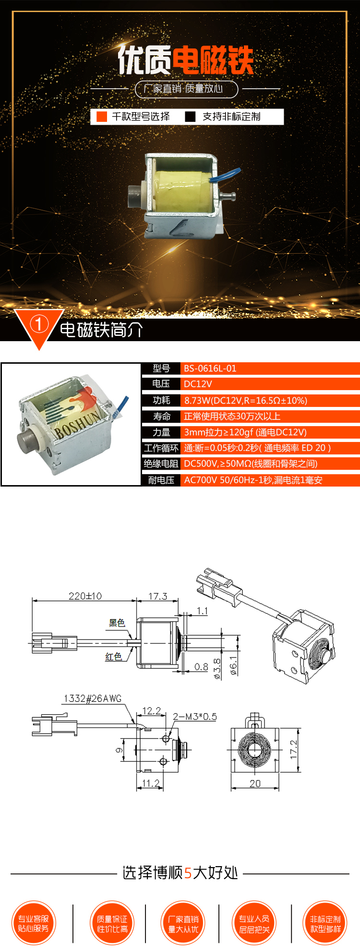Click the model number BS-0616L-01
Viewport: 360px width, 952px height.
[210, 369]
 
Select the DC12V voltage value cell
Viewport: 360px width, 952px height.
[198, 384]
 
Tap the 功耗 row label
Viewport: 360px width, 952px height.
[161, 400]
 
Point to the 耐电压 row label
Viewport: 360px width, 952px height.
[161, 480]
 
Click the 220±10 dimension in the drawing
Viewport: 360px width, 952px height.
[85, 596]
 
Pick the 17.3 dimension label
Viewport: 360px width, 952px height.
[157, 596]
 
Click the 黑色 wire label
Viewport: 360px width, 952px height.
[117, 623]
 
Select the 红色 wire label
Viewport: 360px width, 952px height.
[114, 656]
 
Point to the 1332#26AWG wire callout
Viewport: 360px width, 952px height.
[93, 698]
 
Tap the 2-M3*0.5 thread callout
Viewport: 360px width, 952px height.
[195, 716]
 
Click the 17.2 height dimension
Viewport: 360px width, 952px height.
[294, 750]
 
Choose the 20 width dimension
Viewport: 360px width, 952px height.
[255, 784]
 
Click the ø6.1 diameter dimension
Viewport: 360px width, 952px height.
[233, 666]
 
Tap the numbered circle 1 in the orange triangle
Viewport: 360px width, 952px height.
[39, 324]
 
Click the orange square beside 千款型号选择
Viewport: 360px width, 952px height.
[102, 117]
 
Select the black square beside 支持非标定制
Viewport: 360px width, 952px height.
[191, 117]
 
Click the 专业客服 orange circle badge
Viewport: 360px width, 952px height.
[34, 923]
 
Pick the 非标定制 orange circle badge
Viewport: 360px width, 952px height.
[325, 923]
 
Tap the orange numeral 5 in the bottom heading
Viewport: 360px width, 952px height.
[188, 873]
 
